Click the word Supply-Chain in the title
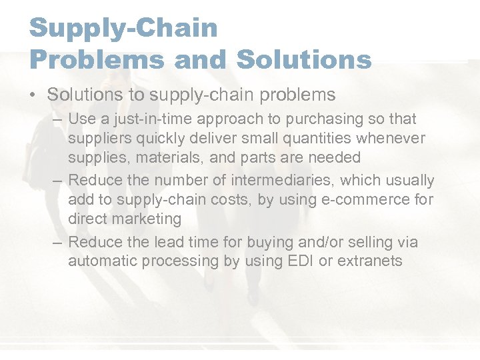click(123, 28)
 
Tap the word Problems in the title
click(97, 59)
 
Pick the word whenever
click(399, 139)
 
